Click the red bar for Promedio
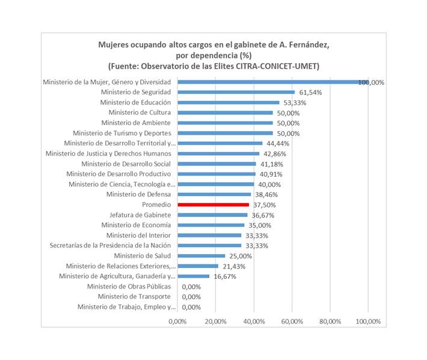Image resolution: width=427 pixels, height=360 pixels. coord(213,205)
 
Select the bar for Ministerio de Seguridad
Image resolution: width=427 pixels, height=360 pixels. coord(236,92)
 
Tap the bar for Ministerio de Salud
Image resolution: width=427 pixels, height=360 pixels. coord(201,256)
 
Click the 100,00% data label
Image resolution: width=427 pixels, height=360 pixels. coord(371,82)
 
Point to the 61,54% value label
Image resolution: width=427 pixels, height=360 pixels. coord(309,93)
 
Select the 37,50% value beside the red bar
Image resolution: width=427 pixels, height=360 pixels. coord(264,205)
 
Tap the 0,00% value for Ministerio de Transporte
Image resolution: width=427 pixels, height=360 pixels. coord(191,297)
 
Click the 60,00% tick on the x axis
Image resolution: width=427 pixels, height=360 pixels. coord(292,322)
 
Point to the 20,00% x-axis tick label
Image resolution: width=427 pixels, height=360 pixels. coord(216,322)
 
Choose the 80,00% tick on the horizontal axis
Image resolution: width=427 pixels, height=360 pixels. coord(330,322)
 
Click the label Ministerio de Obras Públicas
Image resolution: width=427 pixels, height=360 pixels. coord(129,286)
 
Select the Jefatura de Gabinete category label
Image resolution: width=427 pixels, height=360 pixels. coord(140,215)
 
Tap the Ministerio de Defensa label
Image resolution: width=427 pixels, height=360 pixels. coord(138,194)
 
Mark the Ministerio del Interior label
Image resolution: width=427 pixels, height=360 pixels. coord(138,235)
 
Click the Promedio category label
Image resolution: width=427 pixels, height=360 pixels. coord(156,204)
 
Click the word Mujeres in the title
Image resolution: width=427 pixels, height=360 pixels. coord(113,44)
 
